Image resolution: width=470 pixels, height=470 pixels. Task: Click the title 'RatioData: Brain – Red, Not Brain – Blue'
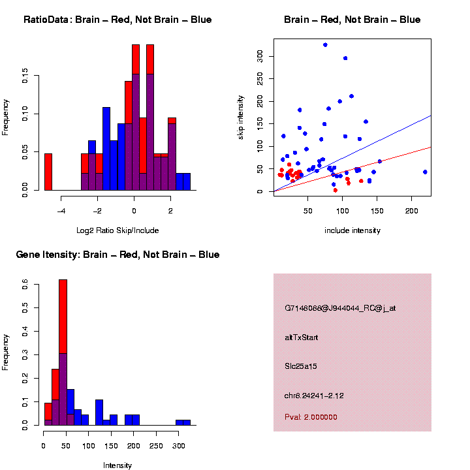(117, 20)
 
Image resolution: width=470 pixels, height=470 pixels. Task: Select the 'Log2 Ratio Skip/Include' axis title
(117, 230)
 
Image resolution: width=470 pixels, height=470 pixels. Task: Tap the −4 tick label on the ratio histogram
(61, 211)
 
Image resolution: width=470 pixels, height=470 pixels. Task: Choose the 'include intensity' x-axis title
(352, 230)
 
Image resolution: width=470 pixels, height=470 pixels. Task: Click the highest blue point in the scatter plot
(325, 45)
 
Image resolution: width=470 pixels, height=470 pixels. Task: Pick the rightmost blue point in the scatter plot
(425, 172)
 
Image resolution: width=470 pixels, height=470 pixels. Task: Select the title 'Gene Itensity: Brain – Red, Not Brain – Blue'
(117, 255)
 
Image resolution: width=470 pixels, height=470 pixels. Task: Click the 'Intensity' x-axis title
(117, 465)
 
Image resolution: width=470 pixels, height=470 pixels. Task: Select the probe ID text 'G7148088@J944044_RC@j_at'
(340, 308)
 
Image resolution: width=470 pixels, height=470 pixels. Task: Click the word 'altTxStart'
(302, 337)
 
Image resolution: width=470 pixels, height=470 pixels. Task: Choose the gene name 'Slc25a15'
(302, 366)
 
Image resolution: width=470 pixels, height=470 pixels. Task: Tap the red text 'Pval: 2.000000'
(311, 417)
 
